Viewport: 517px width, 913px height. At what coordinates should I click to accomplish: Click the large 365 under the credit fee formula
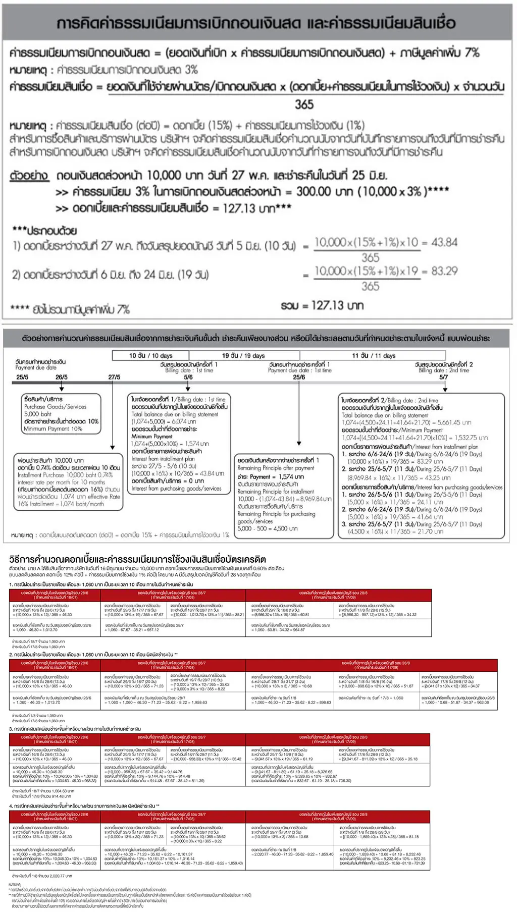click(x=304, y=104)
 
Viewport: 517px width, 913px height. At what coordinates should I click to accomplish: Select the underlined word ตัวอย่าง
click(x=30, y=176)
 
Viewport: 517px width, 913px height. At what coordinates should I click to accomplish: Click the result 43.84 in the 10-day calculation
click(x=445, y=243)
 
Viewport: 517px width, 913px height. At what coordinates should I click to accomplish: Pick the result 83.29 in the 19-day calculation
click(x=445, y=272)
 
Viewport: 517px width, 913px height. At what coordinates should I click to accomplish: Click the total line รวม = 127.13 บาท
click(x=322, y=305)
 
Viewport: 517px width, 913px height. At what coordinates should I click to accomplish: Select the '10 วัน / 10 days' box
click(x=150, y=356)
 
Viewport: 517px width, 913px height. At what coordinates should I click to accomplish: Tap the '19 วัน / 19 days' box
click(x=243, y=356)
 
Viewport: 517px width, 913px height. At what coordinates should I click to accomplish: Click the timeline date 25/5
click(x=22, y=377)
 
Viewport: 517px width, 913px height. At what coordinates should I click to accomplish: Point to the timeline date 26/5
click(x=61, y=377)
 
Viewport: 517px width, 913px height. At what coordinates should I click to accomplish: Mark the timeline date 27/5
click(x=114, y=377)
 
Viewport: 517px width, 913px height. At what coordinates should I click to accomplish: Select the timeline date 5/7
click(x=443, y=377)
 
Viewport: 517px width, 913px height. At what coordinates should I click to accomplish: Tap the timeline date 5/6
click(x=188, y=377)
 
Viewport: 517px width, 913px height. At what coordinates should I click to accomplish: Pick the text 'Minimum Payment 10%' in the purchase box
click(x=53, y=429)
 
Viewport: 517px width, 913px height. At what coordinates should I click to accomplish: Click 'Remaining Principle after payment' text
click(x=276, y=468)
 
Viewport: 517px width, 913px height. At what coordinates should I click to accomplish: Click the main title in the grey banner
click(x=256, y=23)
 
